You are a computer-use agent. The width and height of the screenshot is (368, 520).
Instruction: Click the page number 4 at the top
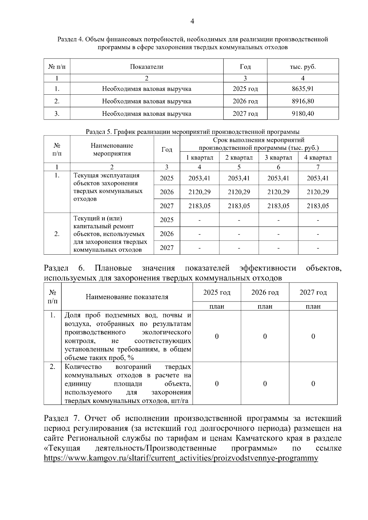pos(192,21)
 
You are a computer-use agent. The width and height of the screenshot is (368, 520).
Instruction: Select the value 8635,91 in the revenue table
pos(303,89)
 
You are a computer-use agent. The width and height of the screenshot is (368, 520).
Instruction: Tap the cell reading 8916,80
pos(303,101)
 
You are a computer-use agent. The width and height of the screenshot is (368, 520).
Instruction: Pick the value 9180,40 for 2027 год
pos(303,114)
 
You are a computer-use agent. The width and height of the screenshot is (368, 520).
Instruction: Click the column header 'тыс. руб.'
pos(303,67)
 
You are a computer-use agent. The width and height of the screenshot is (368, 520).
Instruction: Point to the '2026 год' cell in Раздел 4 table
pos(245,101)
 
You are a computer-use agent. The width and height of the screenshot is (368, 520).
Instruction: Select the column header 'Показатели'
pos(147,67)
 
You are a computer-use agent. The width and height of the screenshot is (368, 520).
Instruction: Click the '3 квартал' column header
pos(278,158)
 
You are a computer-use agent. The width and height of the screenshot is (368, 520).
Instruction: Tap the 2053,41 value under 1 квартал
pos(199,178)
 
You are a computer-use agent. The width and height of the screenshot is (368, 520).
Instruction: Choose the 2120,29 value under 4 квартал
pos(318,192)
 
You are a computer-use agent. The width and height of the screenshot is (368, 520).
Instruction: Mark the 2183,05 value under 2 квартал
pos(239,206)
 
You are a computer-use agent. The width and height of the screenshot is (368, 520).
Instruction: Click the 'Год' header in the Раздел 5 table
pos(167,150)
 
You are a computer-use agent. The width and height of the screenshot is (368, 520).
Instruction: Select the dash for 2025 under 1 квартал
pos(199,220)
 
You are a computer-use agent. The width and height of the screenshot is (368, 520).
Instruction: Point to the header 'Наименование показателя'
pos(127,297)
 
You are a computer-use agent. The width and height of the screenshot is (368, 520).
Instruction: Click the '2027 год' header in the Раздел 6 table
pos(313,292)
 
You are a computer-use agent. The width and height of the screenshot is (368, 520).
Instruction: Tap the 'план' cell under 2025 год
pos(217,306)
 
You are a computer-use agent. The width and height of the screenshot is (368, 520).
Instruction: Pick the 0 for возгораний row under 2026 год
pos(265,384)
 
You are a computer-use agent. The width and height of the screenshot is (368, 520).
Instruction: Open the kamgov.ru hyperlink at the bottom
pos(181,458)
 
